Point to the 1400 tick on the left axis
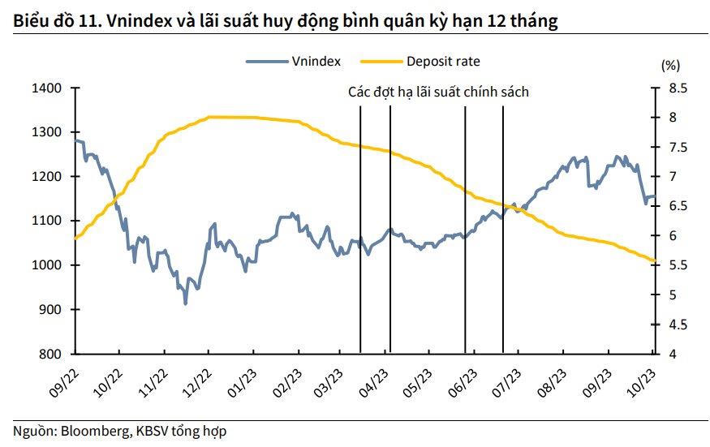(x=48, y=88)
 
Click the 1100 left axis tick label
(x=48, y=221)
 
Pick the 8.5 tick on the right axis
(x=677, y=88)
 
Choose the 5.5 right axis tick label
(x=677, y=265)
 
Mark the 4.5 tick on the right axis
(x=677, y=325)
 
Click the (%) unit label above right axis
(x=670, y=64)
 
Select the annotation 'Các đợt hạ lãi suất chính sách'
(x=438, y=92)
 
